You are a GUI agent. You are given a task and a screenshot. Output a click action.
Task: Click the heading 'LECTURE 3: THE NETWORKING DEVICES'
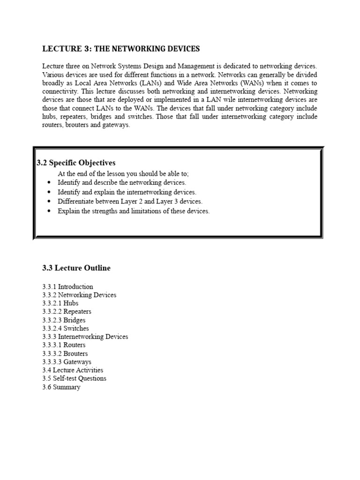[121, 49]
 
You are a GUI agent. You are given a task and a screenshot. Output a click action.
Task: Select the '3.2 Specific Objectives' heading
[76, 163]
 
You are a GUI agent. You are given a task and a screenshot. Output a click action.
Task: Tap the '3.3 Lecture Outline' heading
[76, 268]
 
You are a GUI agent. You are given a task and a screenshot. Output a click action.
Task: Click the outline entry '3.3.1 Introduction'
[67, 286]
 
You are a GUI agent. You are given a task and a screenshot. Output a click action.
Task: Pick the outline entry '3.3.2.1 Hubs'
[60, 303]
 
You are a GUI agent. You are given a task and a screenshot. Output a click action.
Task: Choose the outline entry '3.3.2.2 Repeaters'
[67, 312]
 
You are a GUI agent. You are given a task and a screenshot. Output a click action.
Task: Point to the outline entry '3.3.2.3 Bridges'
[64, 320]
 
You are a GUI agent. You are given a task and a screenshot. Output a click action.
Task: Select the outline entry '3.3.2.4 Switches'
[66, 329]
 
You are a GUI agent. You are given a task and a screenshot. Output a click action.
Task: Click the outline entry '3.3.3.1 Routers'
[64, 345]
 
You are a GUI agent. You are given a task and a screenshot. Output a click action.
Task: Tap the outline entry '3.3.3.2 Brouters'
[65, 353]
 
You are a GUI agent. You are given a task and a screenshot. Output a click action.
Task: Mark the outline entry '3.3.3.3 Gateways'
[67, 362]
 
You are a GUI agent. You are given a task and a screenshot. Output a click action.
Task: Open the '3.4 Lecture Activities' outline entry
[73, 370]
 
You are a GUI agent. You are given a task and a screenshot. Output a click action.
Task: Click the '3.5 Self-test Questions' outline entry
[74, 378]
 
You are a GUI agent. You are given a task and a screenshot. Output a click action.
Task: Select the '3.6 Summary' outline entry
[61, 387]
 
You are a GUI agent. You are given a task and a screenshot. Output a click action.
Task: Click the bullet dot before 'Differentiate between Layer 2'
[49, 202]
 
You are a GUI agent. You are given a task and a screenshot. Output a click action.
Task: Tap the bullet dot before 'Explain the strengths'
[49, 211]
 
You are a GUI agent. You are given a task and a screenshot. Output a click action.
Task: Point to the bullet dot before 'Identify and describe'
[49, 183]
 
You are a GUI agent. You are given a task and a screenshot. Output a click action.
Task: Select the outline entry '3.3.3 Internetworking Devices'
[85, 337]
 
